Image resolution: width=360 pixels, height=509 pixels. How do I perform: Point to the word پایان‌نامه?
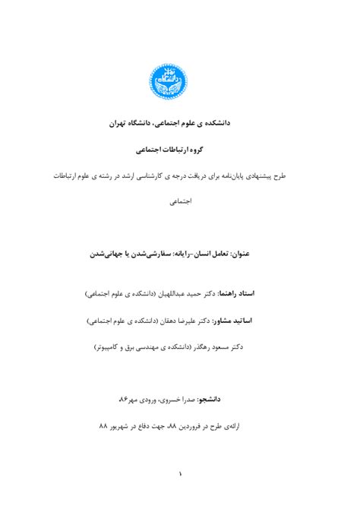tap(239, 175)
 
